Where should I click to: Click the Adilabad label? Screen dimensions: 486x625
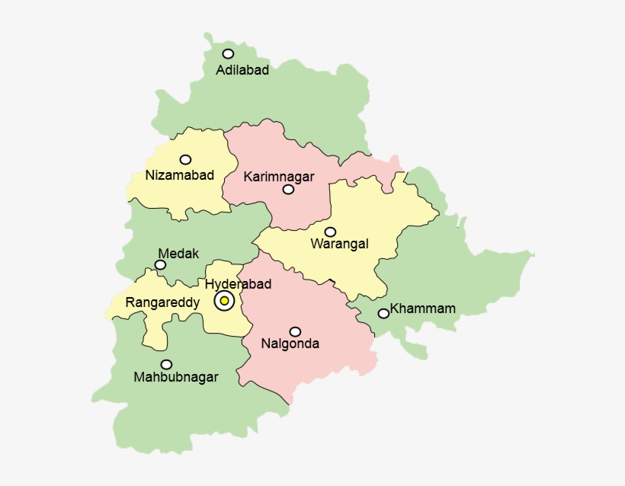click(242, 70)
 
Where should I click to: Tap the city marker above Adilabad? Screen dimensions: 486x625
click(228, 53)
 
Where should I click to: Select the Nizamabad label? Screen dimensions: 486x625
click(179, 175)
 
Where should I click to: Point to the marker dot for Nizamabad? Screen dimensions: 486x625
click(185, 159)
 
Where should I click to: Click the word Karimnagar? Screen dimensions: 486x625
click(279, 177)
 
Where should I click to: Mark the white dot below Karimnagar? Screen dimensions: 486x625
click(288, 190)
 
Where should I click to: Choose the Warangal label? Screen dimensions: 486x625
click(339, 244)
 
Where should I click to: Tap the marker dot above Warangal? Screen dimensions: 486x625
click(330, 232)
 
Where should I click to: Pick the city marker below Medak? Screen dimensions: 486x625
click(160, 265)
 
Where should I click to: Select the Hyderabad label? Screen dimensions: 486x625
click(239, 284)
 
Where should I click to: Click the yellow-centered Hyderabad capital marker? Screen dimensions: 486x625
click(224, 301)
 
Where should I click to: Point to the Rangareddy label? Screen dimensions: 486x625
click(162, 302)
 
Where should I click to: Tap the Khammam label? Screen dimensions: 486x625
click(422, 309)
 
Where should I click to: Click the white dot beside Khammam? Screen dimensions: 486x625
click(383, 313)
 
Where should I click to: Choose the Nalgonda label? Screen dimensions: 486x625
click(290, 344)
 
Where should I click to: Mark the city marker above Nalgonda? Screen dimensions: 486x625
click(295, 331)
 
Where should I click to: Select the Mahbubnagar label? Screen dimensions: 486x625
click(175, 377)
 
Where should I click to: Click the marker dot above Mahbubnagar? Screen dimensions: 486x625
click(166, 364)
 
